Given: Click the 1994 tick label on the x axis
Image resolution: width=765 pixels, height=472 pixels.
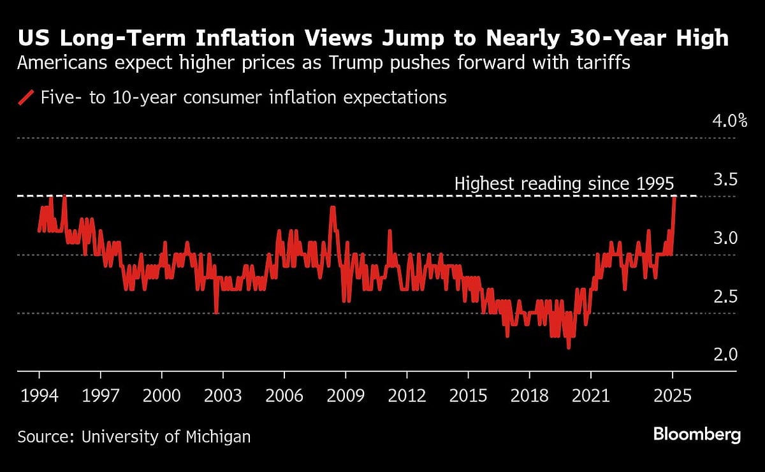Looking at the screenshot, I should (39, 396).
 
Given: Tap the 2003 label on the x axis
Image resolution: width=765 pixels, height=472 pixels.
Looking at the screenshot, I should (223, 396).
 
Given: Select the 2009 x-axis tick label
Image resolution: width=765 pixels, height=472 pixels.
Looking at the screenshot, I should (346, 396).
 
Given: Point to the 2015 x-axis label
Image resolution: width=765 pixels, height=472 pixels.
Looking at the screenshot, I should (469, 396).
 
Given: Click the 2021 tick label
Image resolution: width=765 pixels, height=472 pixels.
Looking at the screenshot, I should (591, 396).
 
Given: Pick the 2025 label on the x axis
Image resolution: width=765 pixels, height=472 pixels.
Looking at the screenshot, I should (673, 396).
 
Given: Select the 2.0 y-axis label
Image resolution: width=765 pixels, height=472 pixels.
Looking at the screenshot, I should (724, 355).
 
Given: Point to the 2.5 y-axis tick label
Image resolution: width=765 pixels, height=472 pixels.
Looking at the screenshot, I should (724, 297).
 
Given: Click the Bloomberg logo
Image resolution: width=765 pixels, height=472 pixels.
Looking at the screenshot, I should (697, 435).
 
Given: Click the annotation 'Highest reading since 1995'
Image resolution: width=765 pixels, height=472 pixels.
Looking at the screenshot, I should (564, 184).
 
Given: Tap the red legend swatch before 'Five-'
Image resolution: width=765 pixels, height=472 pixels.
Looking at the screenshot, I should (26, 97).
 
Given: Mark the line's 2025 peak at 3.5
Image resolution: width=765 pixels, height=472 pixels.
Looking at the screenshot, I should (674, 197).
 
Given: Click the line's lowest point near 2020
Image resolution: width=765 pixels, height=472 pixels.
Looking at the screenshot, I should (568, 347).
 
